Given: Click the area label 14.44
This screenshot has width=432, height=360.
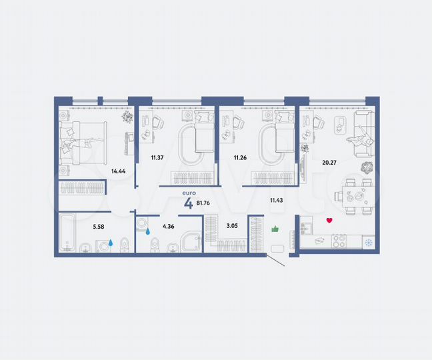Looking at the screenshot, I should pyautogui.click(x=119, y=170).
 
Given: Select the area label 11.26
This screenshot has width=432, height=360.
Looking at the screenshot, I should pyautogui.click(x=241, y=158).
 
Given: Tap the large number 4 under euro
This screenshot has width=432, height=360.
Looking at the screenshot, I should pyautogui.click(x=189, y=203).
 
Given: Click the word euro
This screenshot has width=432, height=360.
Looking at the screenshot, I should pyautogui.click(x=189, y=193).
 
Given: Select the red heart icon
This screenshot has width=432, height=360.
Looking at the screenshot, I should pyautogui.click(x=329, y=221).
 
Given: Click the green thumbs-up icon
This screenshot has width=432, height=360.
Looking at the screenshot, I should pyautogui.click(x=274, y=230).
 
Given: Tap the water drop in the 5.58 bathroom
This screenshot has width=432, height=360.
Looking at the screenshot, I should pyautogui.click(x=111, y=244).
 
